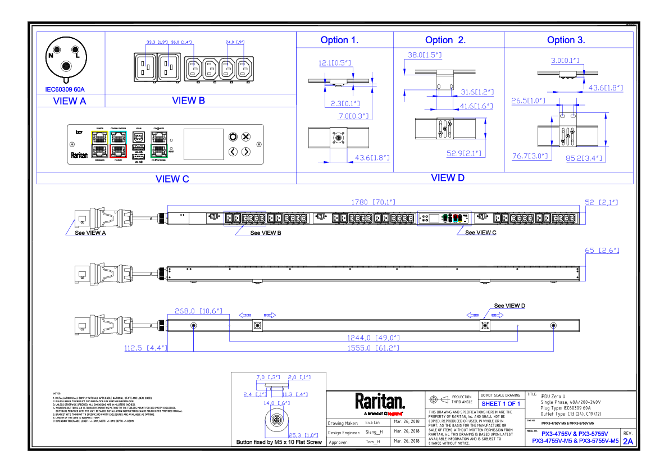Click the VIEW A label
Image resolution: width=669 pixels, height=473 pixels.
tap(70, 101)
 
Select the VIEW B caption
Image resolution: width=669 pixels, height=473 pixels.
tap(188, 101)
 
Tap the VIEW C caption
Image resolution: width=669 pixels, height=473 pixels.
tap(172, 179)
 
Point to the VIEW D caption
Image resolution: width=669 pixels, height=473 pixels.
tap(448, 178)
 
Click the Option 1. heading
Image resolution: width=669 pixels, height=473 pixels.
tap(339, 40)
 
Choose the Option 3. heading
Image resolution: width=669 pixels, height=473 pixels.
tap(566, 40)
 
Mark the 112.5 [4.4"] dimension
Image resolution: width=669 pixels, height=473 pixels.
tap(145, 348)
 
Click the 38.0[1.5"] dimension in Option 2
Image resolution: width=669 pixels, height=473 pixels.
tap(424, 55)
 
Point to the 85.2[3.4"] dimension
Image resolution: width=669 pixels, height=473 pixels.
tap(584, 158)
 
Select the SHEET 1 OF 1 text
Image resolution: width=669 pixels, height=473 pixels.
tap(500, 404)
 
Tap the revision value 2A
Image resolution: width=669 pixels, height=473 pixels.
tap(627, 442)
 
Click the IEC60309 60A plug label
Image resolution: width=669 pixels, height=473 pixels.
tap(65, 89)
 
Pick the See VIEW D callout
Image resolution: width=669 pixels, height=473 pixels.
tap(509, 306)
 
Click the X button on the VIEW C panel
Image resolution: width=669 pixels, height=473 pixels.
tap(246, 137)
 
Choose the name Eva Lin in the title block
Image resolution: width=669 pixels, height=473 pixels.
tap(372, 422)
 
